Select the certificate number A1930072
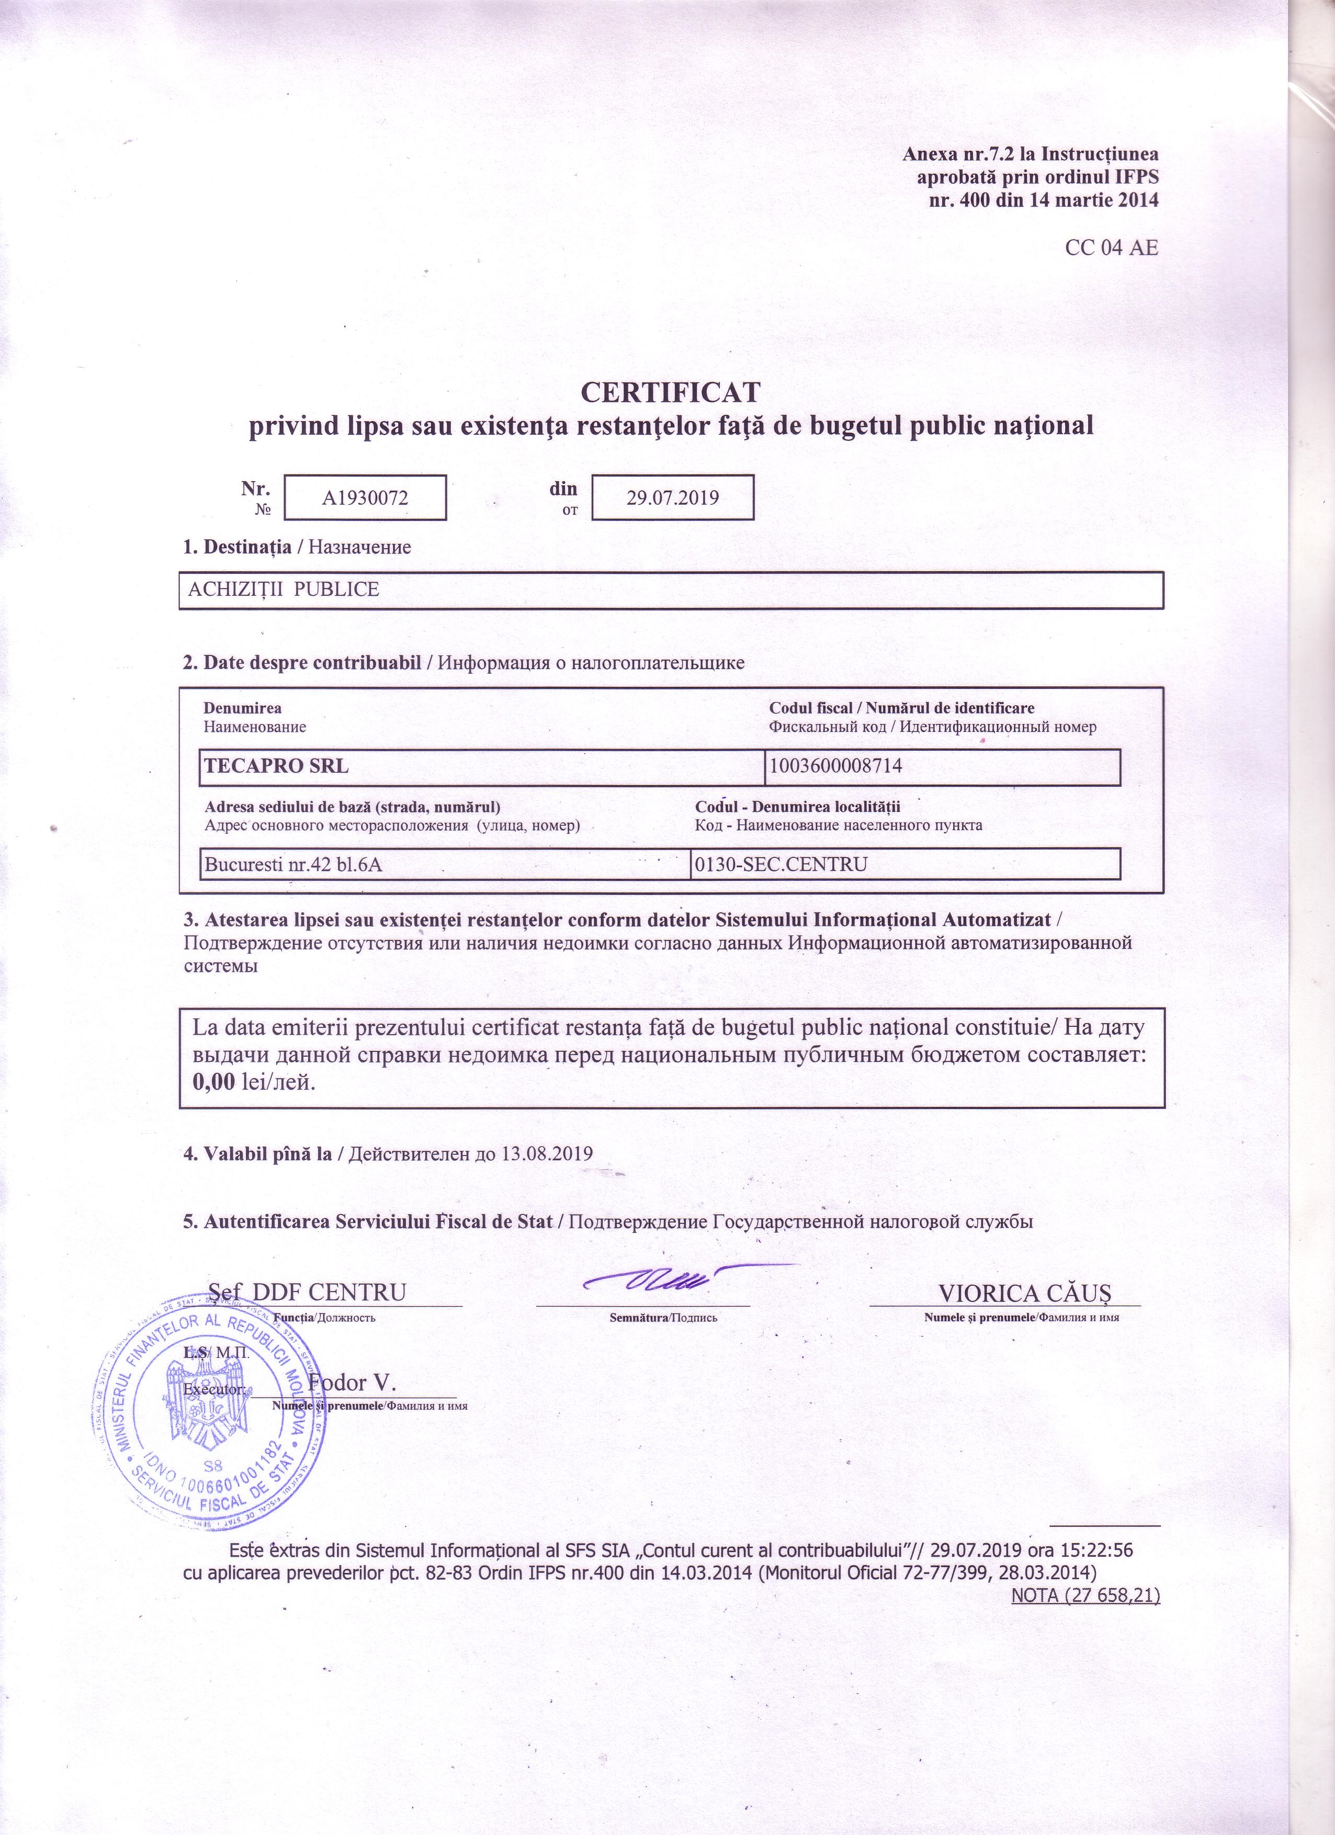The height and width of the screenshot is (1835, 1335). click(365, 497)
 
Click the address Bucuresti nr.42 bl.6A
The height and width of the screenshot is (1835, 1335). click(293, 864)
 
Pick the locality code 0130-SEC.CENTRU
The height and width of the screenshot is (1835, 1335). click(780, 864)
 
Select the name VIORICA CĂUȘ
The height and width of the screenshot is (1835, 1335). click(1024, 1292)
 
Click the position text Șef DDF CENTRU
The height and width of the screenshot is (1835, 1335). click(308, 1292)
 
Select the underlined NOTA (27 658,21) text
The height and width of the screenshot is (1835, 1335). click(1086, 1595)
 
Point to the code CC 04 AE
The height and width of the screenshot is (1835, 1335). click(1112, 247)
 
